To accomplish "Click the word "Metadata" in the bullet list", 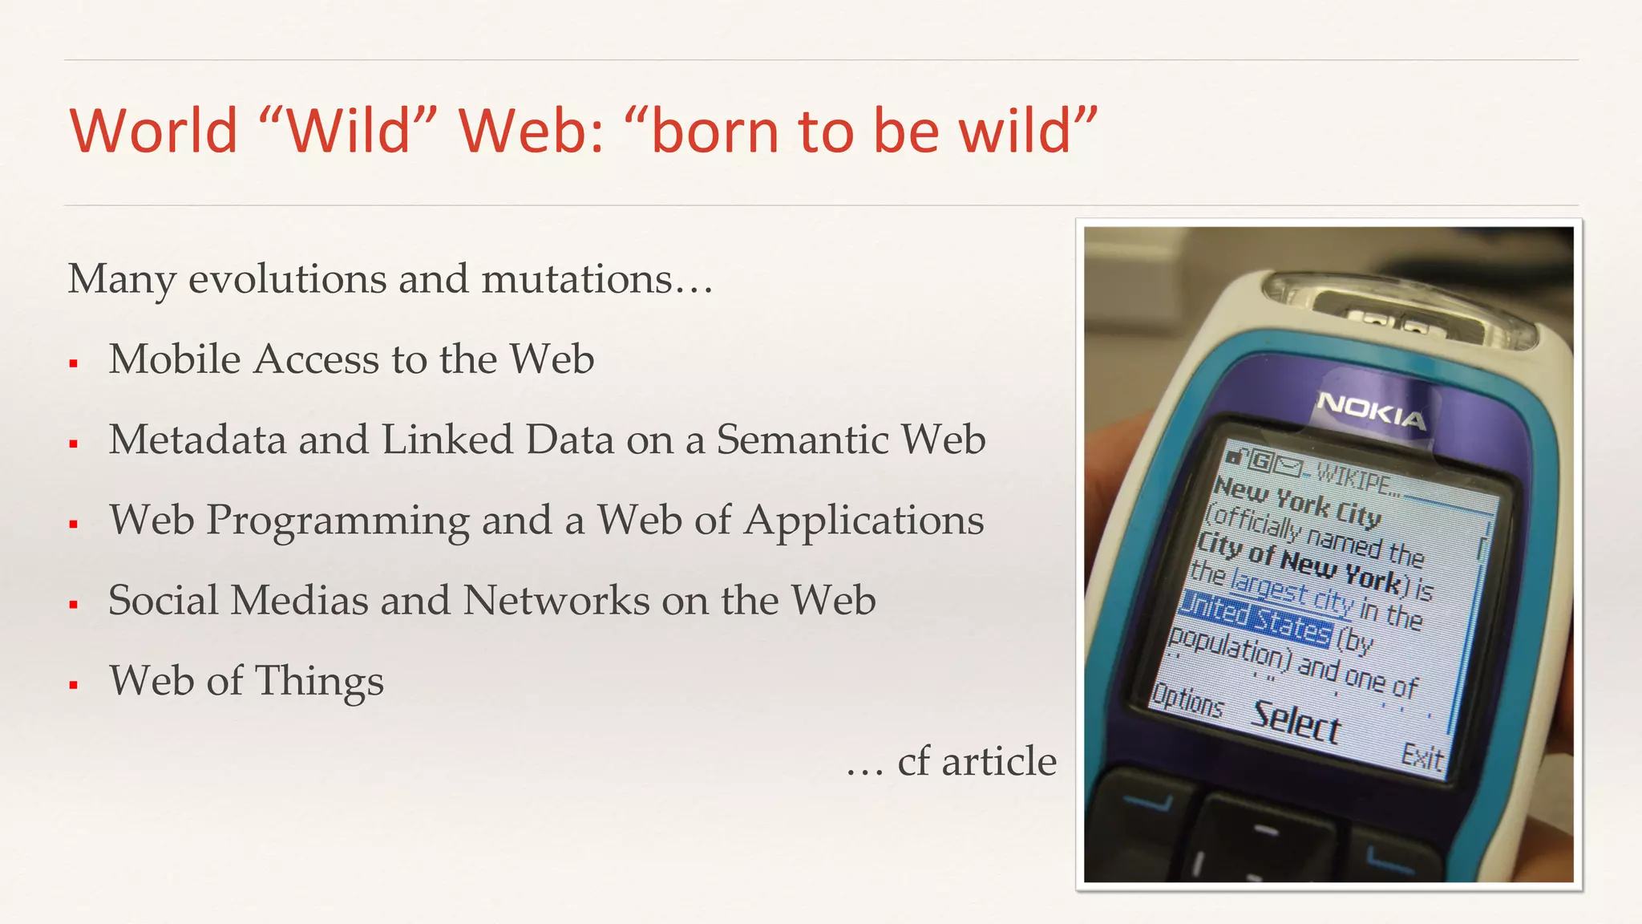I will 197,440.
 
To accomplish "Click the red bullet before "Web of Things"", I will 74,685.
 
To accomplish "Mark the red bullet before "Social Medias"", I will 74,605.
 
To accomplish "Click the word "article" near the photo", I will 999,761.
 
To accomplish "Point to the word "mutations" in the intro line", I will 577,279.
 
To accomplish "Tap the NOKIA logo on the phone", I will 1372,410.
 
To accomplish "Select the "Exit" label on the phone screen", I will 1422,756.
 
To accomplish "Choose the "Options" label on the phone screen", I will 1187,702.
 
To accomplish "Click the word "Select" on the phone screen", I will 1296,721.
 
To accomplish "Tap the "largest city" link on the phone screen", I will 1291,592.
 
